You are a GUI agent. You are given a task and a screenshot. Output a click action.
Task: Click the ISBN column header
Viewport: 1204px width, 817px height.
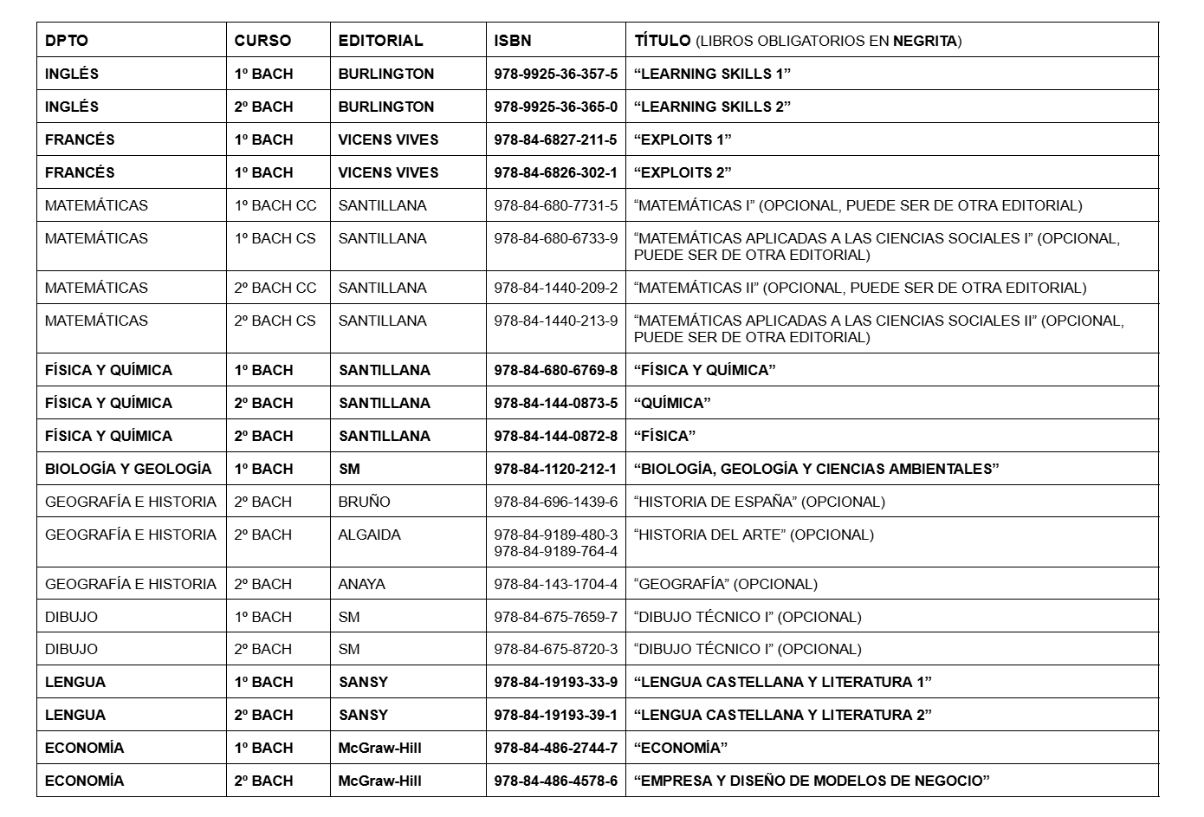(x=513, y=41)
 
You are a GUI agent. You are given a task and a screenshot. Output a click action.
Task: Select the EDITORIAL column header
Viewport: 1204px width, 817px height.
(x=380, y=41)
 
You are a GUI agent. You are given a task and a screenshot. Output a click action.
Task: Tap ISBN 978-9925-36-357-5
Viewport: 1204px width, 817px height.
(x=555, y=74)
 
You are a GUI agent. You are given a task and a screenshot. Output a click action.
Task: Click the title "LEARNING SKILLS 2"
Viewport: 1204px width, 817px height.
(x=712, y=107)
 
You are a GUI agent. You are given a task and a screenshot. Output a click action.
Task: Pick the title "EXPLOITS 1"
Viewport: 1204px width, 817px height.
(x=683, y=139)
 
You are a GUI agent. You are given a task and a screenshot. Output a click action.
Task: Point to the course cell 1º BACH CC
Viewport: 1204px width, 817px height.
(x=275, y=205)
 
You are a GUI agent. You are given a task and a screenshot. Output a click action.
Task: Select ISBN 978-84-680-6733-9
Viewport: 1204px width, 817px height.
(x=555, y=238)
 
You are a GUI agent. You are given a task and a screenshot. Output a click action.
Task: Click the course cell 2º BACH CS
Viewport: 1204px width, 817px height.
(x=275, y=321)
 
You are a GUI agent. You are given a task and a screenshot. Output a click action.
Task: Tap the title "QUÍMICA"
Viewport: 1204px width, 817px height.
(x=672, y=403)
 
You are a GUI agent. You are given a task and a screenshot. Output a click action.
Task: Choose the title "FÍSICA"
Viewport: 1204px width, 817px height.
(x=664, y=436)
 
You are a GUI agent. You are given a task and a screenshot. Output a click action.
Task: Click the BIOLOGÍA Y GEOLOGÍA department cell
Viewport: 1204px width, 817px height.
(x=128, y=469)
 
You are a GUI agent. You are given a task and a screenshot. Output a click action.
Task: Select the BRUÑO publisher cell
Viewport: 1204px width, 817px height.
(x=364, y=502)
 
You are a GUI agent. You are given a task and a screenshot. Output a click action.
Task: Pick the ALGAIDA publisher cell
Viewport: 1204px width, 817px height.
(x=369, y=535)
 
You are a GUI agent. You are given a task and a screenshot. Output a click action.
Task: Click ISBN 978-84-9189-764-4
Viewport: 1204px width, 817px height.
(x=555, y=551)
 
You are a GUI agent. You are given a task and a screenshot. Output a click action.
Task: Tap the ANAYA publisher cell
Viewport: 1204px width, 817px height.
(x=361, y=584)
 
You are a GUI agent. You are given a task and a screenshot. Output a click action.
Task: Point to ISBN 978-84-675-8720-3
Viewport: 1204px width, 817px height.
(x=555, y=649)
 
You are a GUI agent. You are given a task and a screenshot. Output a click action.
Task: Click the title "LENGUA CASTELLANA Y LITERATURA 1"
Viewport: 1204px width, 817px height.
(x=782, y=682)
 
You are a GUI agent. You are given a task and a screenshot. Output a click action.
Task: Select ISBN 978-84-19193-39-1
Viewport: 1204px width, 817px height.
(x=555, y=715)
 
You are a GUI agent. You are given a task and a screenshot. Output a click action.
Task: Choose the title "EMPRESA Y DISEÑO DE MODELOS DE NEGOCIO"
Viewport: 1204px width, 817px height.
(x=812, y=781)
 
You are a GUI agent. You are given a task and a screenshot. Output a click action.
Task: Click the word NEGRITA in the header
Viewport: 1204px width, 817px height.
(x=925, y=41)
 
